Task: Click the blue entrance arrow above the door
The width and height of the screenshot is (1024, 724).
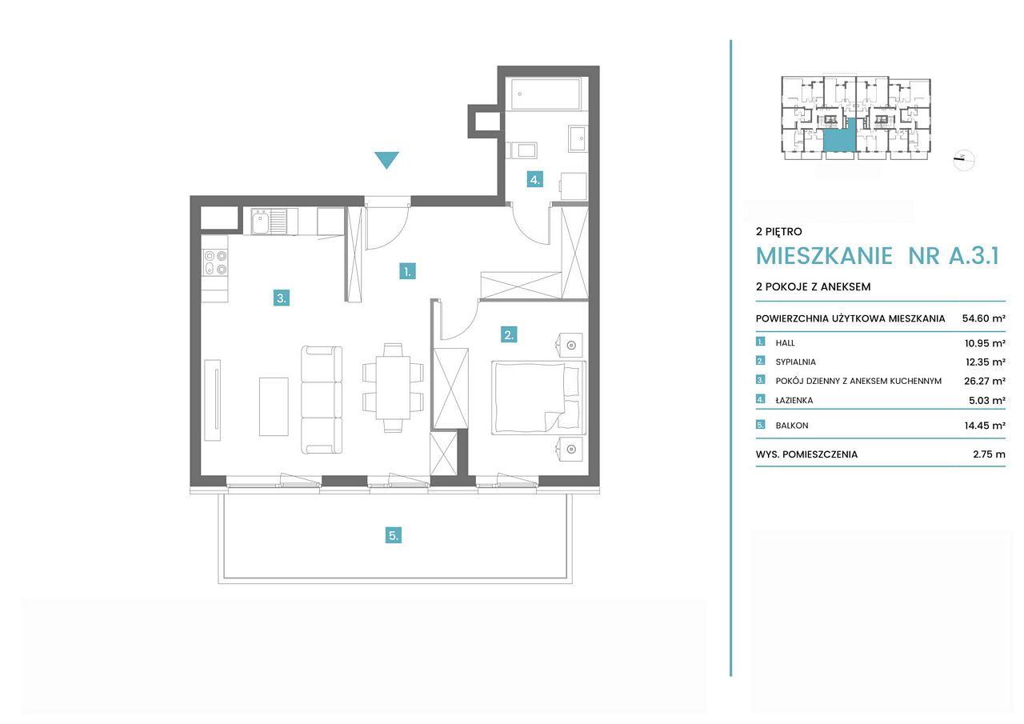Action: tap(386, 159)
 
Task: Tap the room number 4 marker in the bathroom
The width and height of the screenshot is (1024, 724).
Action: tap(534, 179)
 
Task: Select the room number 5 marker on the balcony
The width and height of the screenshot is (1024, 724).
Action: tap(394, 535)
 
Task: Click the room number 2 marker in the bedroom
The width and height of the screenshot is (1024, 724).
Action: tap(509, 334)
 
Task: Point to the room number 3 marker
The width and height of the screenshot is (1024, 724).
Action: tap(281, 298)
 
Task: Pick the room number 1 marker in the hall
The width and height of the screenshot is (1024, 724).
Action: tap(407, 271)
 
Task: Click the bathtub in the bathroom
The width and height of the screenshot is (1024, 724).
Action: tap(546, 94)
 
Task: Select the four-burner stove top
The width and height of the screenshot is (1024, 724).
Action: tap(215, 262)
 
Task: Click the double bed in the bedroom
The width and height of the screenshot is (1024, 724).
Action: tap(538, 397)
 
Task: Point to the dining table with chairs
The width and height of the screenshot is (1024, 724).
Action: tap(393, 387)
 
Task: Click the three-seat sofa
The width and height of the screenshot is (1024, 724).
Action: tap(322, 400)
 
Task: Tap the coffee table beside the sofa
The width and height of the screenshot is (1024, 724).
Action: tap(274, 406)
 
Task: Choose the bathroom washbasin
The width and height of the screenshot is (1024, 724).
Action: tap(578, 138)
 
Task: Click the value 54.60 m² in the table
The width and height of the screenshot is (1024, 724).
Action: tap(983, 318)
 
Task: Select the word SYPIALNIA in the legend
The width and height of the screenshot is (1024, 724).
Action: tap(795, 362)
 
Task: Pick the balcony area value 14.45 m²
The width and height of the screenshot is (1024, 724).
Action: tap(985, 426)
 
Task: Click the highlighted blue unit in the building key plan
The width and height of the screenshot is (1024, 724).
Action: tap(840, 136)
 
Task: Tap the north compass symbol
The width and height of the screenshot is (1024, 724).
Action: tap(964, 160)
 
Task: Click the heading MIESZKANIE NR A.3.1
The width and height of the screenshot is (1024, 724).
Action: tap(878, 256)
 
